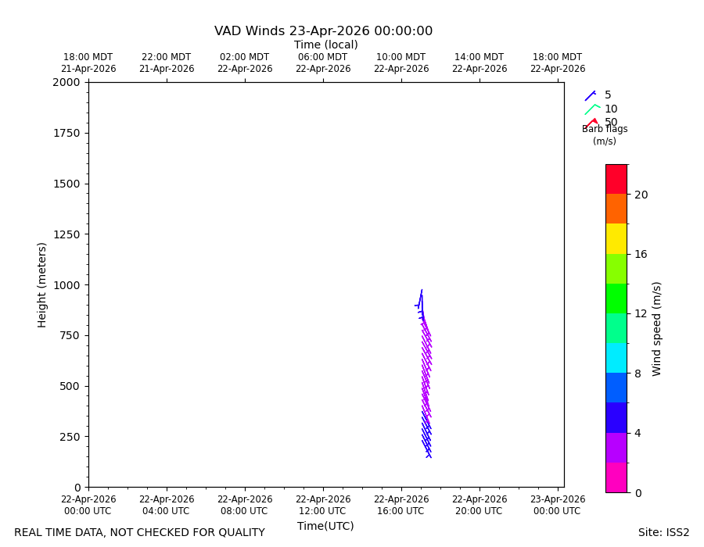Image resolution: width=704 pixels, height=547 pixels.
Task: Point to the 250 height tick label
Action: click(70, 437)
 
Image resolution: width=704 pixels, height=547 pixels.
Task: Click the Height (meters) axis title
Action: click(41, 285)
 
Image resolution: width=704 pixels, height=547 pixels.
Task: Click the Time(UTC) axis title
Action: click(325, 526)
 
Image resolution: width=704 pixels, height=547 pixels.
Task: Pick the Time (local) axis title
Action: click(326, 45)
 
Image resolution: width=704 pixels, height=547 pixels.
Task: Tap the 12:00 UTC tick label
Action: click(323, 506)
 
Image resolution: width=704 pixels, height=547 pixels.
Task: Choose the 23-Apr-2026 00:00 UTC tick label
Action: click(558, 506)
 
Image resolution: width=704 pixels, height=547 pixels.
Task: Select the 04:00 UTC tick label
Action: click(167, 506)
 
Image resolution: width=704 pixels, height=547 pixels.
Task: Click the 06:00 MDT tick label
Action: click(323, 63)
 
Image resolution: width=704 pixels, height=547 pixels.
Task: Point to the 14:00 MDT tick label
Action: click(480, 63)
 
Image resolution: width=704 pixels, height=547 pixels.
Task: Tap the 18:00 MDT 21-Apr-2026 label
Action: click(88, 63)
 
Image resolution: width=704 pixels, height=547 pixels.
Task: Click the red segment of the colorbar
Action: click(616, 180)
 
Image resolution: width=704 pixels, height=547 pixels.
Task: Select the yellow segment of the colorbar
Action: click(616, 238)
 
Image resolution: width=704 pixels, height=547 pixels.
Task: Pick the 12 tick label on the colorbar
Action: click(641, 314)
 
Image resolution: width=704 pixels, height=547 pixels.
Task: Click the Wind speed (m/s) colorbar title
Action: click(656, 329)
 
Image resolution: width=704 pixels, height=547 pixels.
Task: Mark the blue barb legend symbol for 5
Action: click(590, 96)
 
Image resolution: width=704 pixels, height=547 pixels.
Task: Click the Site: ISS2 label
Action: click(663, 532)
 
